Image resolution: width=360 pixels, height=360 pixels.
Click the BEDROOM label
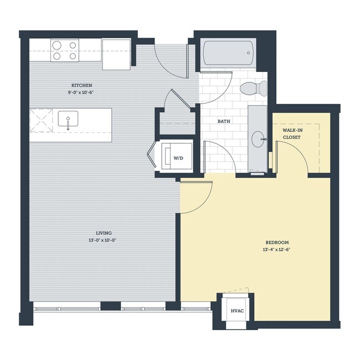(277, 243)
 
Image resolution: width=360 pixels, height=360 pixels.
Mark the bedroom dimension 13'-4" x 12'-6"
(277, 249)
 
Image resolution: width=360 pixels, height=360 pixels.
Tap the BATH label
(224, 121)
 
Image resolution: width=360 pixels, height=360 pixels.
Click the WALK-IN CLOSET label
(292, 133)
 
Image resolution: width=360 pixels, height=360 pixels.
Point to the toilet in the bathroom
(255, 88)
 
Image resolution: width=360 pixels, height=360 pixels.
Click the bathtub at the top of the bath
(227, 54)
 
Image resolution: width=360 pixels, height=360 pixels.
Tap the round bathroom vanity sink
(258, 138)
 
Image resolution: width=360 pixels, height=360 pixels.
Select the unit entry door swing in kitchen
(169, 62)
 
